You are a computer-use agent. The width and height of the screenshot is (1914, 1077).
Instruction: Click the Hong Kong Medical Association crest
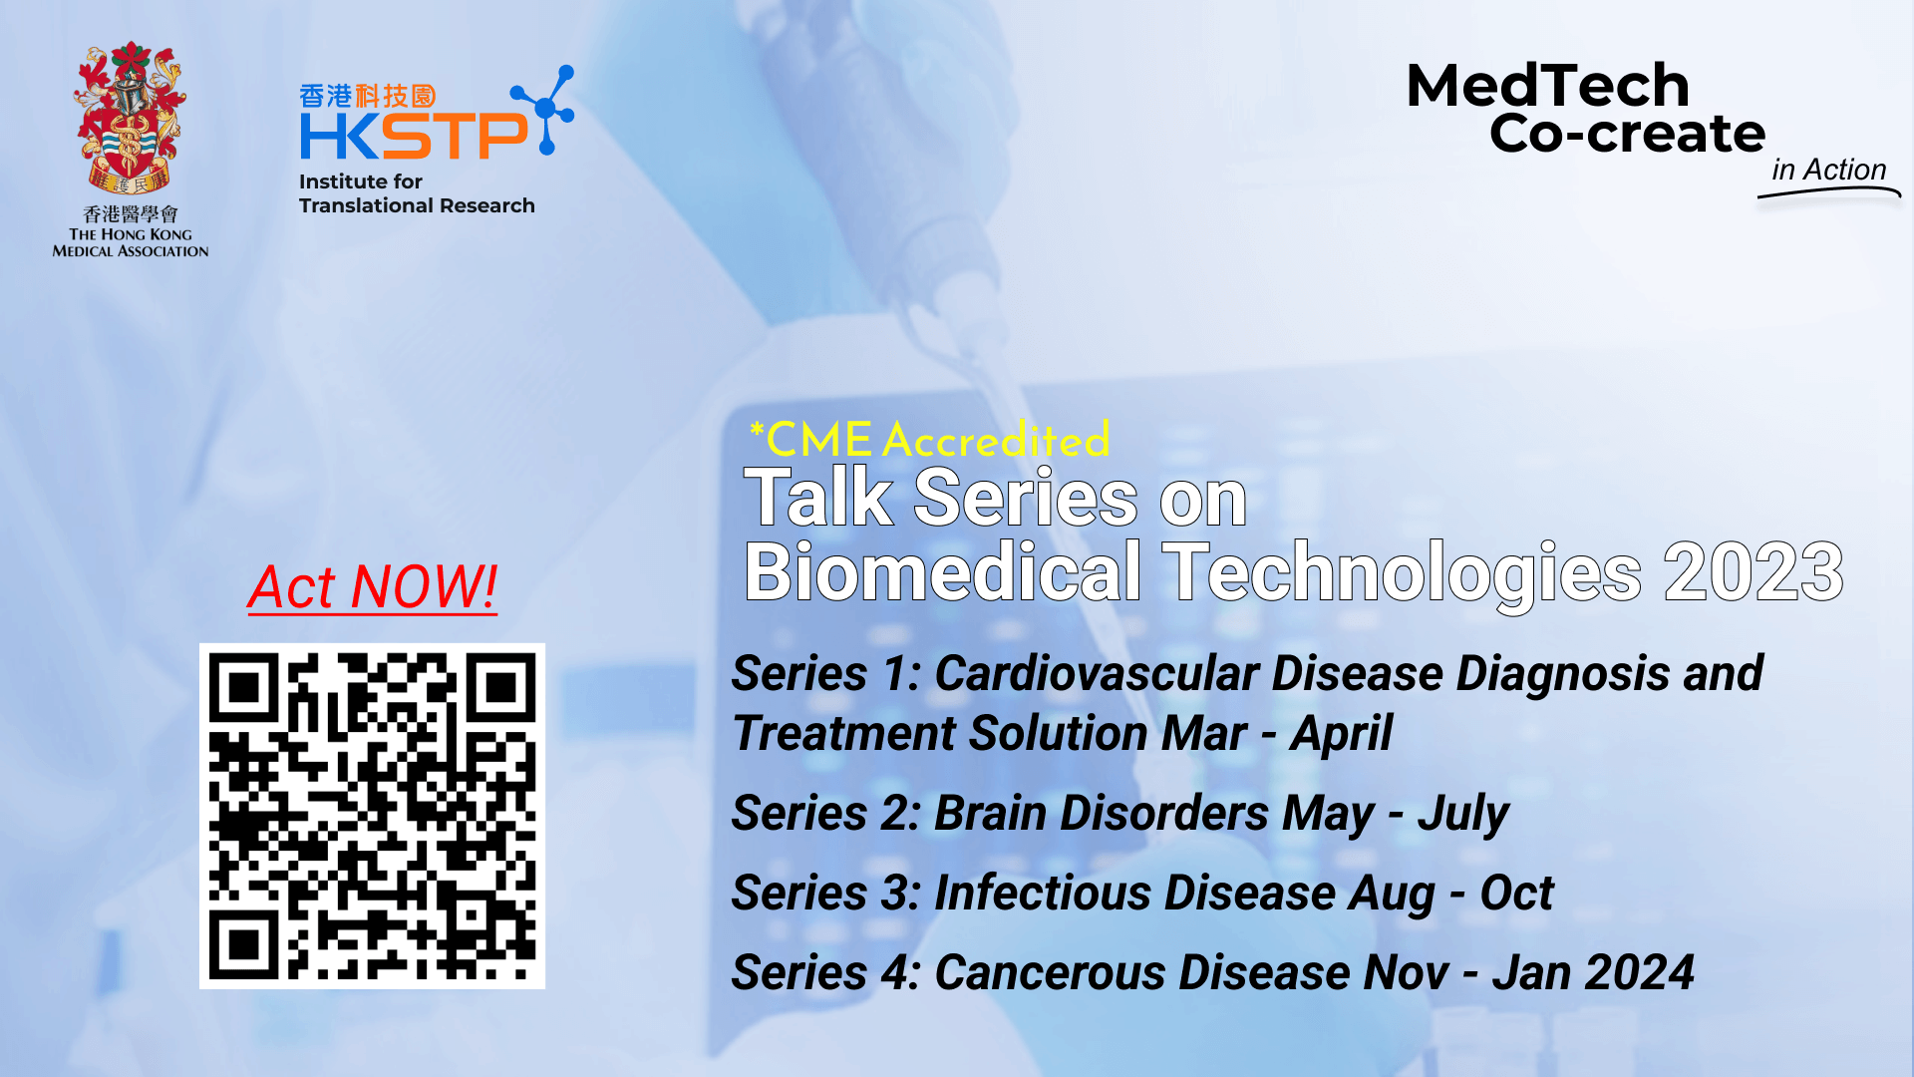point(130,118)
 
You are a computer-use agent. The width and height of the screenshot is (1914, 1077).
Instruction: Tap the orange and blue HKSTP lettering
point(415,135)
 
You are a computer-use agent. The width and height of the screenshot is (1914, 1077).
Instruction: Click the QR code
point(372,816)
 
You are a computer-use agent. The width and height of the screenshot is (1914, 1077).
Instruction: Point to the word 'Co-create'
point(1627,133)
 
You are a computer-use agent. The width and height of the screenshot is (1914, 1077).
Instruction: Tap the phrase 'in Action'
point(1828,170)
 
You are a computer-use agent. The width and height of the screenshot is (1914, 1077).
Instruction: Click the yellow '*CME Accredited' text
point(929,439)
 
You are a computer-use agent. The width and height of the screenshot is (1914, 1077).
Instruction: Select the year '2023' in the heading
point(1754,571)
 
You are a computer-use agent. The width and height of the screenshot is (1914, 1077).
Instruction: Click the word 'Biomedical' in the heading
point(943,571)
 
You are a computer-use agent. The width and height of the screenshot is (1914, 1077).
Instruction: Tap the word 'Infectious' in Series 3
point(1042,893)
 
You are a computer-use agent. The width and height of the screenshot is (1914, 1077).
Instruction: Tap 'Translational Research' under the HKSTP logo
point(417,205)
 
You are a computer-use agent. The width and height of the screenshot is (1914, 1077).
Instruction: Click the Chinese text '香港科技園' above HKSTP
point(368,96)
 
